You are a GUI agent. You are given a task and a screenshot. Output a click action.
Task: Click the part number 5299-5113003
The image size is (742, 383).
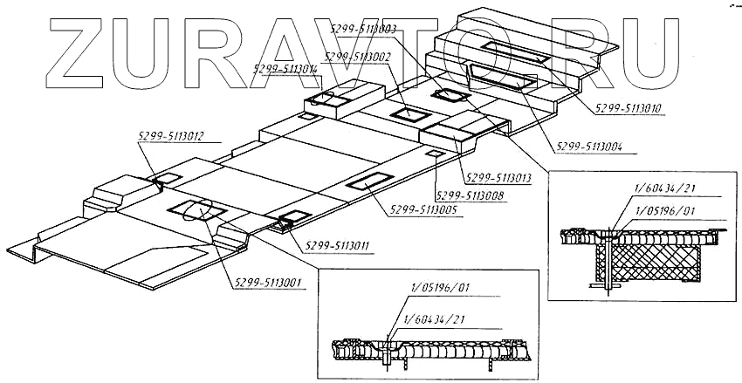pos(365,29)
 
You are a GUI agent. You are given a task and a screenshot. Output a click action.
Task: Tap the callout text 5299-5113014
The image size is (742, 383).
pos(285,68)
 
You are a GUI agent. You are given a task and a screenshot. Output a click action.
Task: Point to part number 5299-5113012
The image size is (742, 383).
pos(171,135)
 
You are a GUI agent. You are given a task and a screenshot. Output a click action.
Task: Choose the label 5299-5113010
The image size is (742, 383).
pos(629,109)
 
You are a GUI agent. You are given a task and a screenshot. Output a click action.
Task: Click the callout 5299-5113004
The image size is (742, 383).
pos(591,146)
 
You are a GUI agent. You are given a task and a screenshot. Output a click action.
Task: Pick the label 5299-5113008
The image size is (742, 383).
pos(468,195)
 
